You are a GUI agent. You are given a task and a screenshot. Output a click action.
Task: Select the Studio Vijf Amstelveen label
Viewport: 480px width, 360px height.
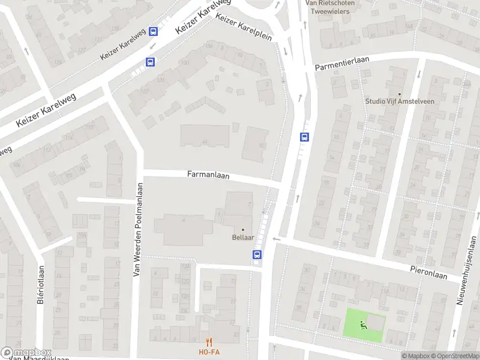(x=400, y=101)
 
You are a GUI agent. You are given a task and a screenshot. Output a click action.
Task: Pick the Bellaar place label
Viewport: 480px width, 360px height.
(x=243, y=238)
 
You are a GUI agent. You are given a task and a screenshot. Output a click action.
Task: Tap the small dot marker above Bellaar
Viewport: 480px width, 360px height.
(x=243, y=229)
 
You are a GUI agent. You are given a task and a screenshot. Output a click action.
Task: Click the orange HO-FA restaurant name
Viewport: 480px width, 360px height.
(x=209, y=352)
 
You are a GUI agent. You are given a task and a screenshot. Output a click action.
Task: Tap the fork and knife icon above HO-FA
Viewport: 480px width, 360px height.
(x=209, y=342)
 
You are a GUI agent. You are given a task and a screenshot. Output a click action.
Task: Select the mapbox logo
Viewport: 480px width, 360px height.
(x=26, y=353)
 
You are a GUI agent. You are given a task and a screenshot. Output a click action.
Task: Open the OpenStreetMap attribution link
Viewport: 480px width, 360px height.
(x=455, y=356)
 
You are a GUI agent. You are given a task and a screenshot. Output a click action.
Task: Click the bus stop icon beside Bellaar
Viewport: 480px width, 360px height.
(x=257, y=254)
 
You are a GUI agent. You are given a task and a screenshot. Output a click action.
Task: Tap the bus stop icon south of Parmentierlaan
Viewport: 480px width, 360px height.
(x=304, y=137)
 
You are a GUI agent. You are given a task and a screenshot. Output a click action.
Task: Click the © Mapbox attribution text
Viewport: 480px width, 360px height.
(x=415, y=356)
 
